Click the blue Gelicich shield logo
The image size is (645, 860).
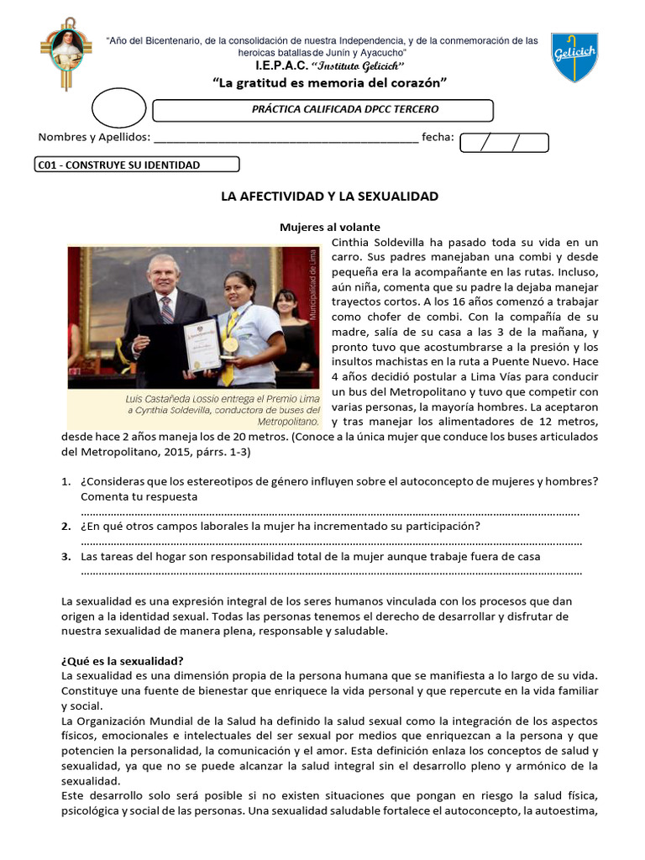pyautogui.click(x=574, y=59)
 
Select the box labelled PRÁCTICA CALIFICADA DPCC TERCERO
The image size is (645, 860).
pyautogui.click(x=322, y=110)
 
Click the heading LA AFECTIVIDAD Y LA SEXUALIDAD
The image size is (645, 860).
pyautogui.click(x=329, y=196)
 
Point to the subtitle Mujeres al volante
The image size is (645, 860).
pyautogui.click(x=329, y=227)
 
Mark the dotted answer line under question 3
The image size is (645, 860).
pyautogui.click(x=331, y=573)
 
